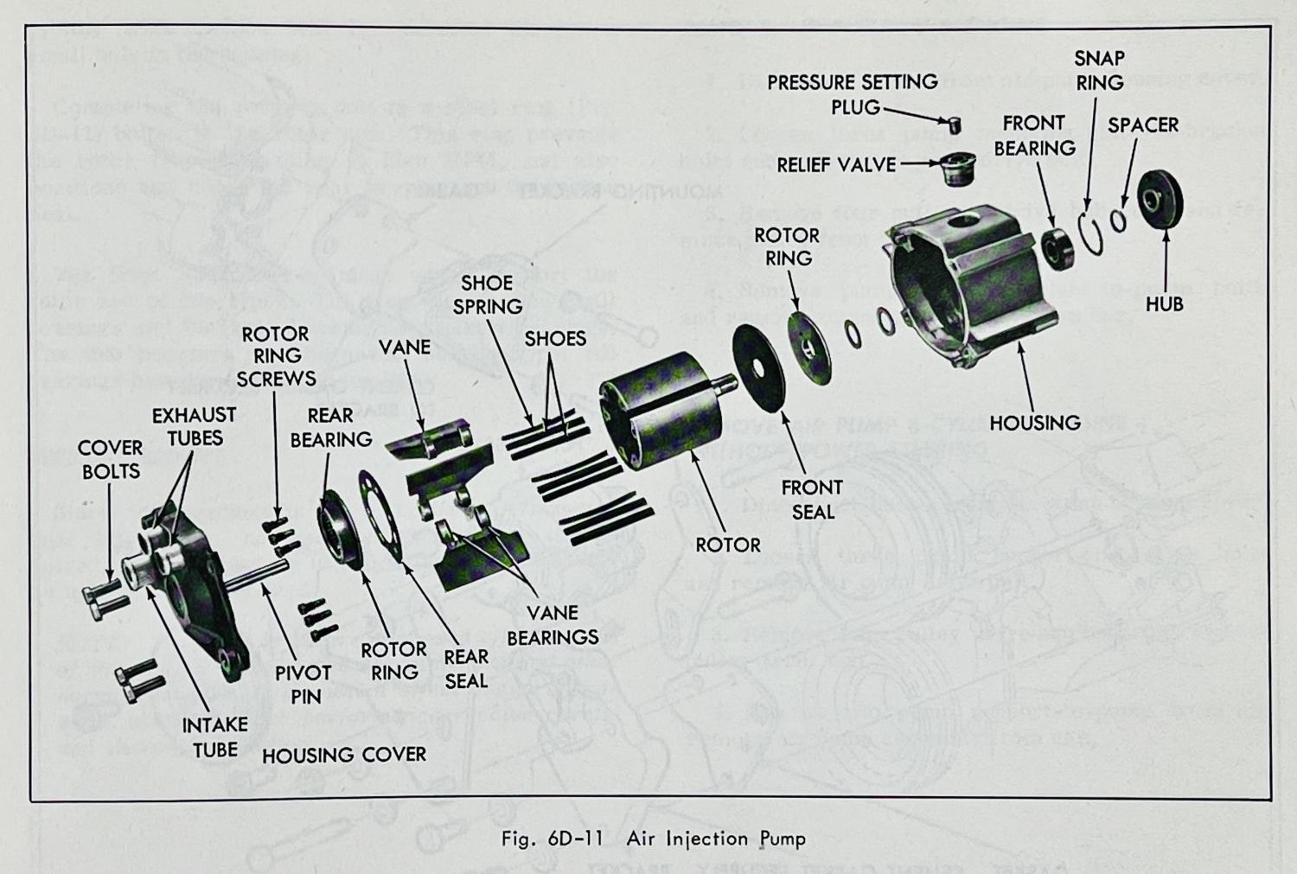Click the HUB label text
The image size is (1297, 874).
pos(1164,304)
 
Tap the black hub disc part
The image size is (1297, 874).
pos(1160,200)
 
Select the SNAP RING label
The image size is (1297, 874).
pos(1099,71)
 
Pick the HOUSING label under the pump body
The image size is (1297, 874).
pos(1034,423)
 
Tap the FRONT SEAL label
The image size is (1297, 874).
pos(812,500)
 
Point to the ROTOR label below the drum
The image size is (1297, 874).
pos(728,545)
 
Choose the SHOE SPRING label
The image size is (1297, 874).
pos(488,295)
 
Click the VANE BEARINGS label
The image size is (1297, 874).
pos(553,625)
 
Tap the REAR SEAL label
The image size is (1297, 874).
pos(466,669)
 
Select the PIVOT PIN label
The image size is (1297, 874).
pos(303,684)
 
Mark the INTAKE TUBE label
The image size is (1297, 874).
pos(214,737)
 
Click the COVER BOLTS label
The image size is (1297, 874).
pos(110,459)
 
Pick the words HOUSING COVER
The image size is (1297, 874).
pos(344,755)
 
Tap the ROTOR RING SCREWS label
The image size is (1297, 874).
pos(276,356)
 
